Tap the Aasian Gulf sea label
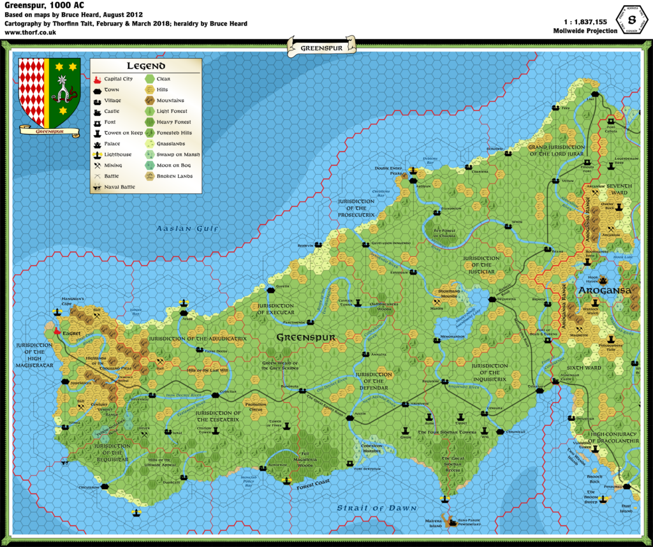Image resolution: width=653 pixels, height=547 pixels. [188, 228]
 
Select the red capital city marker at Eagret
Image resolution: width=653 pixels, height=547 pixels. [58, 332]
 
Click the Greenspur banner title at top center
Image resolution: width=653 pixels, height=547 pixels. [320, 46]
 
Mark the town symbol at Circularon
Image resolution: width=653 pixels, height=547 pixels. [105, 486]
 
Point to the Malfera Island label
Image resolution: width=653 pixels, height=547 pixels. [434, 523]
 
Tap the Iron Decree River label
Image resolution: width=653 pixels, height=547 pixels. [180, 396]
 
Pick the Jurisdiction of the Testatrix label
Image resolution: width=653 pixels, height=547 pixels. [219, 416]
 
